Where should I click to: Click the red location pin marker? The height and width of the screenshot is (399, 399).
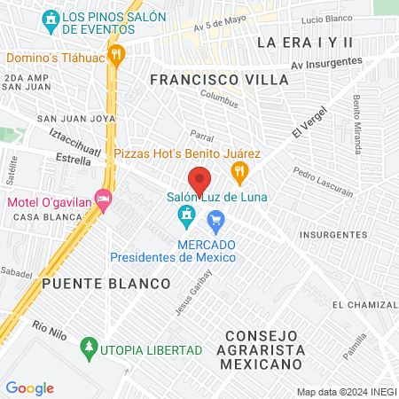199,179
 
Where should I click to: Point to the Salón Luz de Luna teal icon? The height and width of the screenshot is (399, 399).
186,215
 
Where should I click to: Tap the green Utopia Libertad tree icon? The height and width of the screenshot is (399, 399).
88,346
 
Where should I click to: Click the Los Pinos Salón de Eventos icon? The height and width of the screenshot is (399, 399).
51,18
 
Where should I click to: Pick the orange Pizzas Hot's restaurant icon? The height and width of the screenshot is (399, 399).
238,170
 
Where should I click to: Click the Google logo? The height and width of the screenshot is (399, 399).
30,387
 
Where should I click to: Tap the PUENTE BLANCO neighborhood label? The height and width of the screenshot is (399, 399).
106,284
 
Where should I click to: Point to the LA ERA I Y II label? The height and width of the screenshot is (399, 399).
304,43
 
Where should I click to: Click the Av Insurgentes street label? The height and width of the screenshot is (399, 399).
326,63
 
